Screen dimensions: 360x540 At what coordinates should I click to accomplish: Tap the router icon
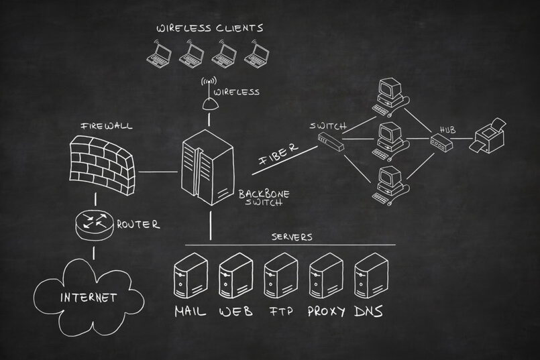[94, 224]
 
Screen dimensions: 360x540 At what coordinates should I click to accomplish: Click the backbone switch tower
[208, 168]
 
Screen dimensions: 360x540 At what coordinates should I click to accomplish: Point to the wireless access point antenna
[210, 99]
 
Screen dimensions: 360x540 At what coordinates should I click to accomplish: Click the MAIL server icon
[190, 276]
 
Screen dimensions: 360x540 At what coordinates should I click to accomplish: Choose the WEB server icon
[235, 276]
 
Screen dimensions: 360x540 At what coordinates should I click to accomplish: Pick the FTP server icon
[280, 276]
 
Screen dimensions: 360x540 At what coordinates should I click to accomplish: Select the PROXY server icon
[326, 276]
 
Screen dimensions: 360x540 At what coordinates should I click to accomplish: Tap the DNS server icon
[370, 276]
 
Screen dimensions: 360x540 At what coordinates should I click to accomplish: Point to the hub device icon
[441, 141]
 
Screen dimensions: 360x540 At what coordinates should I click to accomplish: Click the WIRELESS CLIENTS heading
[209, 28]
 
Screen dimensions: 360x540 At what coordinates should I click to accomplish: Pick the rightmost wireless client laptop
[256, 54]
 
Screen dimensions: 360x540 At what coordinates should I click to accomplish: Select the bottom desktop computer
[390, 183]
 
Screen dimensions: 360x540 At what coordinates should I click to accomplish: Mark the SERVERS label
[292, 237]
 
